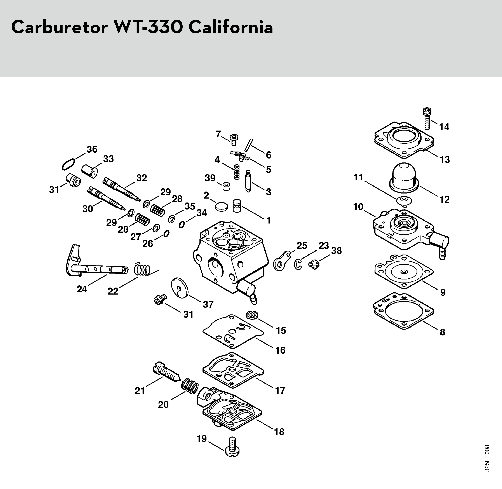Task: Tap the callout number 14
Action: (444, 127)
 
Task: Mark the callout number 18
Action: (279, 432)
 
